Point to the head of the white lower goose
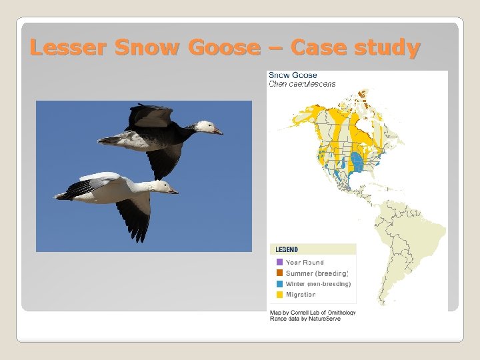coord(162,186)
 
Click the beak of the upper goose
coord(219,132)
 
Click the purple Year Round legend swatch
coord(280,263)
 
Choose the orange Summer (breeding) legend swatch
coord(280,273)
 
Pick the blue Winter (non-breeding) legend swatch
coord(280,284)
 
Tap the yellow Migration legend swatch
coord(280,295)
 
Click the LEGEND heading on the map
coord(287,250)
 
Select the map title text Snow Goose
coord(293,75)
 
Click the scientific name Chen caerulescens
coord(302,84)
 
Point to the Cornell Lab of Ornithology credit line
coord(312,312)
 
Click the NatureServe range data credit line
coord(305,319)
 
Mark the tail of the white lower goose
coord(63,195)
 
